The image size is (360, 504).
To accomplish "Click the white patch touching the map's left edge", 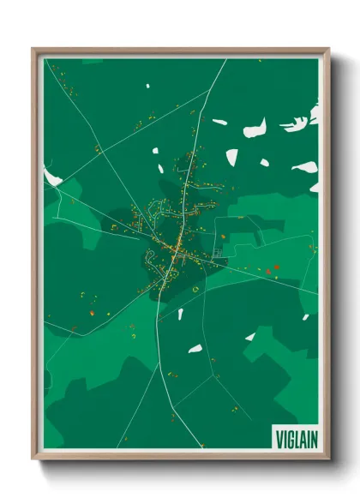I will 51,177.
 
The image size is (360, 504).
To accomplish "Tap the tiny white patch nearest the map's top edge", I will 147,87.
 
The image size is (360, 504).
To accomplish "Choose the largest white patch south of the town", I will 195,349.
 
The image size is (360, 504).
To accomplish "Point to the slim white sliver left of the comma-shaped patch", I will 219,123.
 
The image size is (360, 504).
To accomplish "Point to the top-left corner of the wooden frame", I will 33,49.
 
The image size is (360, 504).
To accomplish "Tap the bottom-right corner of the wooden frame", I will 329,460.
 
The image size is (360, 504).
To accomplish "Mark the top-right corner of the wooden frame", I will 329,49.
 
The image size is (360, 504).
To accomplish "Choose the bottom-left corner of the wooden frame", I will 33,460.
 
